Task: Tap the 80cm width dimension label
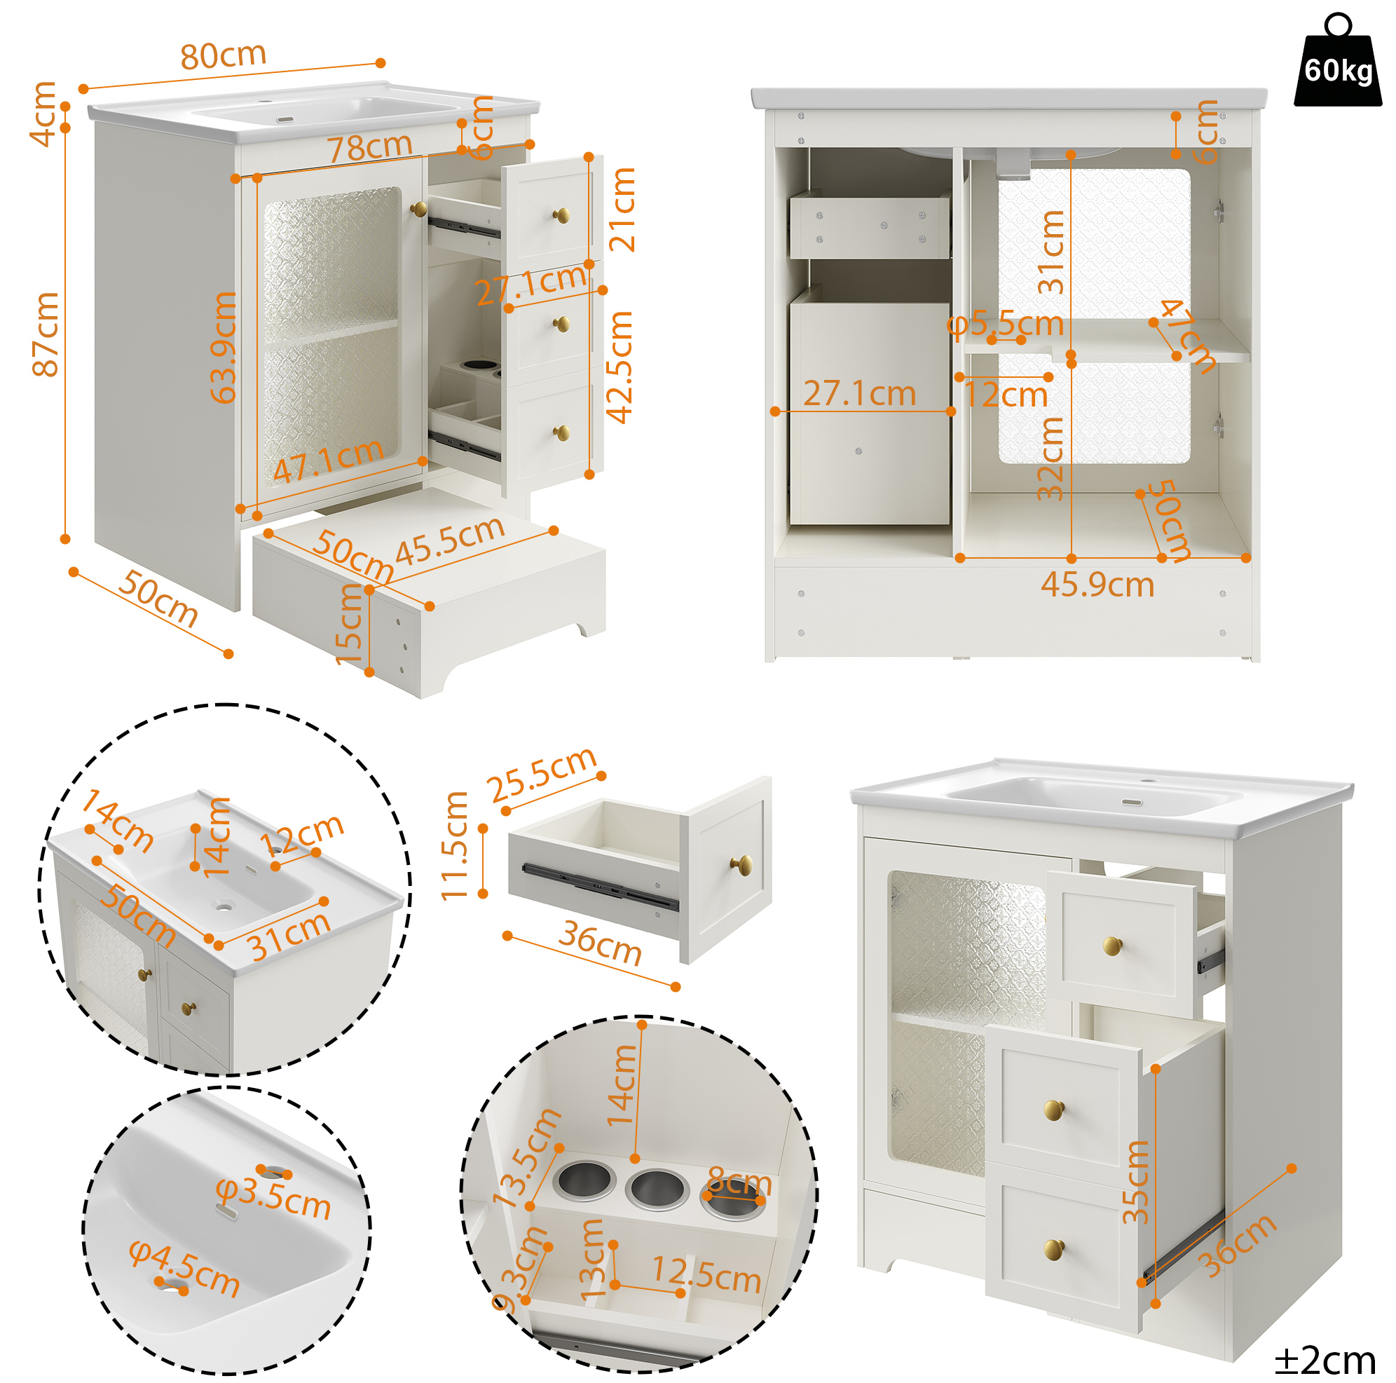click(x=224, y=55)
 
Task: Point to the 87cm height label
click(x=45, y=334)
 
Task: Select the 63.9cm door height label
click(x=223, y=347)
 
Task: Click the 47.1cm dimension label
click(x=328, y=461)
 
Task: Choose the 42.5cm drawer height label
click(x=620, y=367)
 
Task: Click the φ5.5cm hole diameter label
click(x=1006, y=325)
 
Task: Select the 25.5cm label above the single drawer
click(x=542, y=775)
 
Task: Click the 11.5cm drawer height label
click(x=456, y=846)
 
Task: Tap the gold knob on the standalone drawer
click(x=741, y=864)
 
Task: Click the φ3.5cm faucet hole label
click(x=274, y=1199)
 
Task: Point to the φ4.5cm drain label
click(x=184, y=1269)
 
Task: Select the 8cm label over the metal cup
click(x=739, y=1183)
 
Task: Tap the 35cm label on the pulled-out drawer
click(x=1135, y=1182)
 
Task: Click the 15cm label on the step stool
click(x=350, y=625)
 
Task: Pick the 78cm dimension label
click(x=370, y=147)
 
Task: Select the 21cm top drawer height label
click(x=622, y=210)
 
